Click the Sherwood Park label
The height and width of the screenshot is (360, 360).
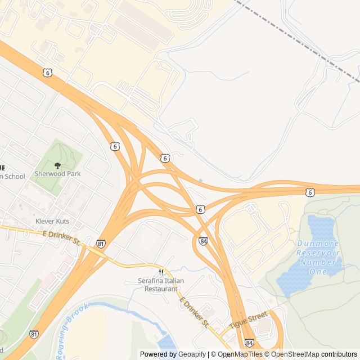point(57,174)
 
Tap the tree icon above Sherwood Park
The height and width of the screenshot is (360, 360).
point(57,165)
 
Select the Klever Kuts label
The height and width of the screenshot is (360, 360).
point(52,221)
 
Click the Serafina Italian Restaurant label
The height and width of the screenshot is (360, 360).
point(161,285)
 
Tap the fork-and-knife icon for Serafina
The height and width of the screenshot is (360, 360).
point(161,272)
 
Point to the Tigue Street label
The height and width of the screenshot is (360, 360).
point(247,322)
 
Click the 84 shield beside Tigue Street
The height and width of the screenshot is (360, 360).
point(249,343)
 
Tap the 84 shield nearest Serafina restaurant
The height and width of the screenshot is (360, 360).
point(202,241)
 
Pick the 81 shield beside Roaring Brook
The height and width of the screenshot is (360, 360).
point(34,334)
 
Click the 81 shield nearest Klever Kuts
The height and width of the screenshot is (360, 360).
point(101,244)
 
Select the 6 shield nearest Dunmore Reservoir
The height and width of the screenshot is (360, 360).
point(310,192)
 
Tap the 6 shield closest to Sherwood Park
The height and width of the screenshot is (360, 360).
point(115,146)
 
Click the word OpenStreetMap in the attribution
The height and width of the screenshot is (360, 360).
point(295,354)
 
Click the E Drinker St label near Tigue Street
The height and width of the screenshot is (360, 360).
point(195,314)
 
